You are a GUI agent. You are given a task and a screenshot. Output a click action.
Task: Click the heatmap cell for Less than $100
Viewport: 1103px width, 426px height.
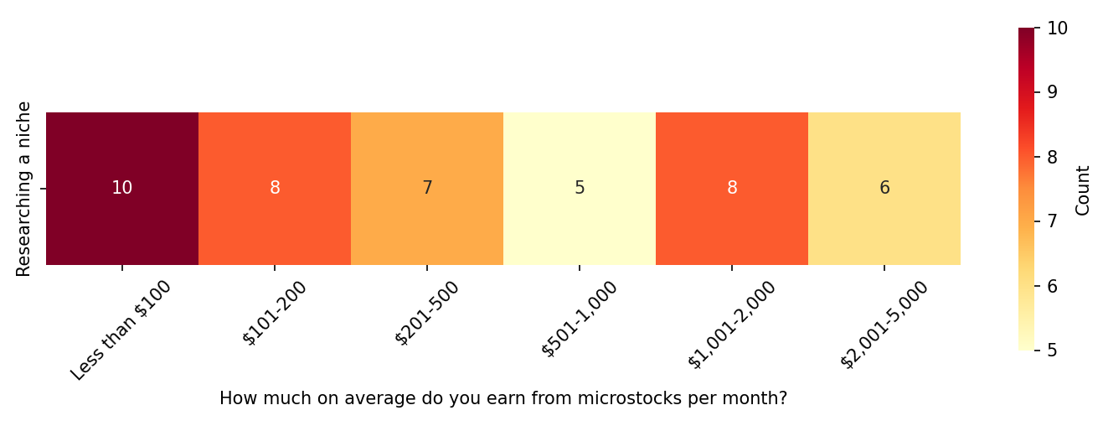tap(122, 189)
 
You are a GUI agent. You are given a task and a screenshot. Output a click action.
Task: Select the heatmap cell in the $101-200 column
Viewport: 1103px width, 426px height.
tap(275, 189)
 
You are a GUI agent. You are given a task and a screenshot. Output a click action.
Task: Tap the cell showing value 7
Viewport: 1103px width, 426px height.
tap(427, 189)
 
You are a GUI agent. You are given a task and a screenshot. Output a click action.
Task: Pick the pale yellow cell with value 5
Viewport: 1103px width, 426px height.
tap(580, 189)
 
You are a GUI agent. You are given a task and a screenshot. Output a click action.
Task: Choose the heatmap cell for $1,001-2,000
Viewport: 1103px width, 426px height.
tap(732, 189)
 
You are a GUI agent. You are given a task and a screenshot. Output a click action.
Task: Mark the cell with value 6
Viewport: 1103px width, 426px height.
tap(884, 189)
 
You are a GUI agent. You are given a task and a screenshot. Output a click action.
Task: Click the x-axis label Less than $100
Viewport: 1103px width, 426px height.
tap(121, 330)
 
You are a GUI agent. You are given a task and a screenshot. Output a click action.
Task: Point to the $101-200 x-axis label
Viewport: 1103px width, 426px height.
tap(276, 313)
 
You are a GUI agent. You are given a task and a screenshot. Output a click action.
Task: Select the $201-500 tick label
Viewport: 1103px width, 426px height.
tap(428, 313)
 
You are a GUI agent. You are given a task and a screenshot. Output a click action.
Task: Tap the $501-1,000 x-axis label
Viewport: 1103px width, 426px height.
tap(580, 319)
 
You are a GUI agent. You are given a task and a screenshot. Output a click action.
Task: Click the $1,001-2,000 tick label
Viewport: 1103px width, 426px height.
tap(732, 325)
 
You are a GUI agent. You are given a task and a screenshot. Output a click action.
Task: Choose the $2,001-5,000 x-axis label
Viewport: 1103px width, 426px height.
tap(884, 325)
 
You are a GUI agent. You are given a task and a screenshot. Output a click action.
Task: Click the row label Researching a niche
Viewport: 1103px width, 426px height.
tap(24, 189)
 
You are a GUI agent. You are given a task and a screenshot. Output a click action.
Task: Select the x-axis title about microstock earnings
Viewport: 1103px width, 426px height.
tap(503, 399)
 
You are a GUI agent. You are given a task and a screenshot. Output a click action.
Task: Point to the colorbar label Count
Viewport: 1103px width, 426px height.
tap(1084, 190)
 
